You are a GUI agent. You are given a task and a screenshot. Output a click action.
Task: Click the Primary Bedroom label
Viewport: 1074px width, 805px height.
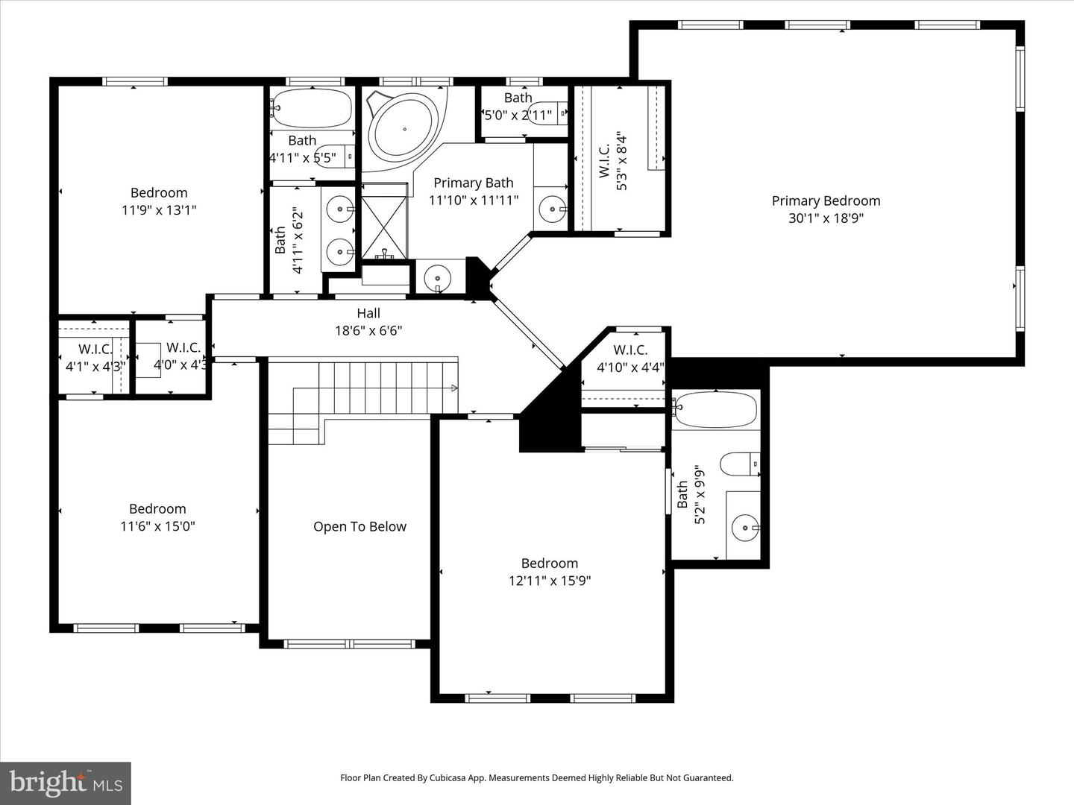tap(826, 201)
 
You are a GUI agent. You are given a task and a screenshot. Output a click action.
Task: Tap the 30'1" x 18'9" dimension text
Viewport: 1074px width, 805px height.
tap(826, 218)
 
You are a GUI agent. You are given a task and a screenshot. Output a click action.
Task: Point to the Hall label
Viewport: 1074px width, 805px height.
tap(368, 314)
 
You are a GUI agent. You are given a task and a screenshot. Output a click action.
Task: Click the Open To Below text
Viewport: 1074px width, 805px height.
tap(359, 527)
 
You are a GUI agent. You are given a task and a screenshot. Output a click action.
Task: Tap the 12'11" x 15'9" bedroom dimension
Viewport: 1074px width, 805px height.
tap(550, 581)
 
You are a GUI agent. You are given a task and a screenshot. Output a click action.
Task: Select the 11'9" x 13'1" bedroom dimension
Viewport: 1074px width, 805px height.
tap(159, 210)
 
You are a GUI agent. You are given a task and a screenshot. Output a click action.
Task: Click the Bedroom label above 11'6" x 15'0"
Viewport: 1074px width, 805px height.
tap(157, 508)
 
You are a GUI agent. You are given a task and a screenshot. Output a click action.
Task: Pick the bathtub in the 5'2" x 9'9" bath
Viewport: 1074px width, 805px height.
tap(715, 409)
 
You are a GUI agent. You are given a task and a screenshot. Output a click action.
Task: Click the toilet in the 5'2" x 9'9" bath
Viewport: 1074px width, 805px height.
tap(739, 464)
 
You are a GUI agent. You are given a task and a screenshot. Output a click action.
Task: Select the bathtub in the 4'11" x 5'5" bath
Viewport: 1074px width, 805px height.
tap(312, 109)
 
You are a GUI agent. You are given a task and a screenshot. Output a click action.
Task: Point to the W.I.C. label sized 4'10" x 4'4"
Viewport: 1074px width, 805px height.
tap(630, 350)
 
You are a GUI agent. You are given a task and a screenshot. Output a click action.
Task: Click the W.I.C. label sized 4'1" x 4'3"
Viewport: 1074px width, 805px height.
tap(95, 349)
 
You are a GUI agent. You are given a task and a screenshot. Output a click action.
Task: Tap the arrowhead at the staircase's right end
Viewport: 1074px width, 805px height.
tap(454, 388)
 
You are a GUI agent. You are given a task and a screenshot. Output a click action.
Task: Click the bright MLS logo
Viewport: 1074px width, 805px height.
tap(66, 783)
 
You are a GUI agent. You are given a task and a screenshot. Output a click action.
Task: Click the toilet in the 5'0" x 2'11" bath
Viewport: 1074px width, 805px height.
tap(551, 112)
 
